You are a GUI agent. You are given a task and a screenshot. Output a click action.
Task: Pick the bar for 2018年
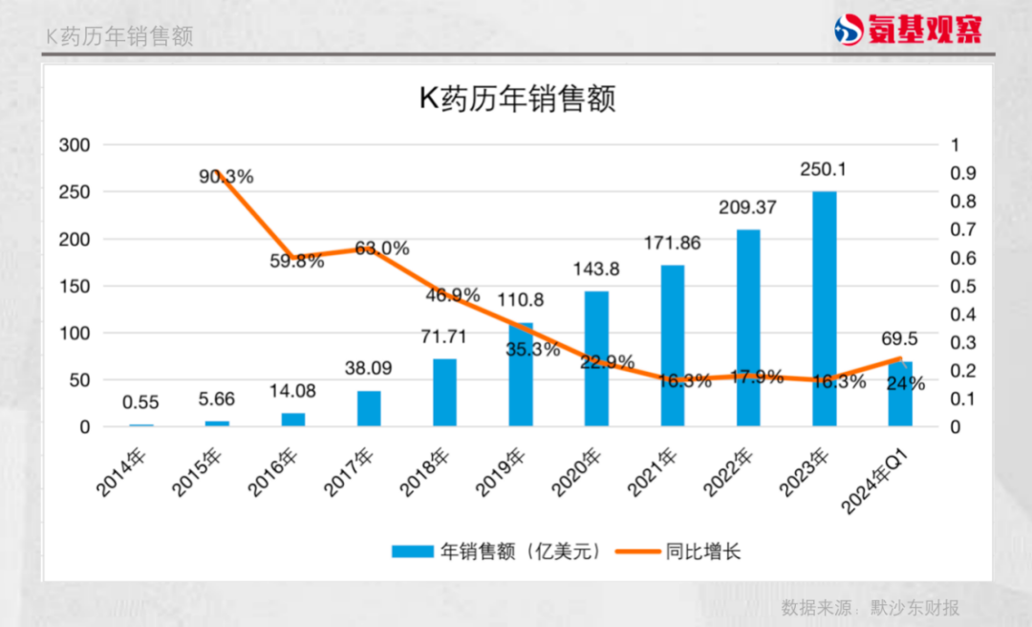(444, 392)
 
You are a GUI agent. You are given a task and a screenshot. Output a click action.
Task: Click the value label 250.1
(824, 169)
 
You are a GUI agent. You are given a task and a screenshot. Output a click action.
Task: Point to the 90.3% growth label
(226, 177)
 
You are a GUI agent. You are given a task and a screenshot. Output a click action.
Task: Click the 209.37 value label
(748, 207)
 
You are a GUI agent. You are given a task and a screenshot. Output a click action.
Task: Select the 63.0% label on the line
(381, 249)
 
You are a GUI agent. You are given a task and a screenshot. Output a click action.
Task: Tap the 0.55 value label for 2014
(140, 403)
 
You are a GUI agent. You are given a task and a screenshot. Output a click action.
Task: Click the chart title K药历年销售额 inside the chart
(517, 99)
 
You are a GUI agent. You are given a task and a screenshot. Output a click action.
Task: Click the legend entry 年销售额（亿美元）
(497, 551)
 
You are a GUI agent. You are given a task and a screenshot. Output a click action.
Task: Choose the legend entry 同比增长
(677, 551)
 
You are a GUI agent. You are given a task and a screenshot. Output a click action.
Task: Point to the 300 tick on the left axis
(75, 145)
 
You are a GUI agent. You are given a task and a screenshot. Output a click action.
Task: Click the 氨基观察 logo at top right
(908, 30)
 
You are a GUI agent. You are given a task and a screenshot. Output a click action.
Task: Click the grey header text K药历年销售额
(119, 36)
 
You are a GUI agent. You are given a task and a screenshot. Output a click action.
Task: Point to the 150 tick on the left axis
(75, 287)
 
